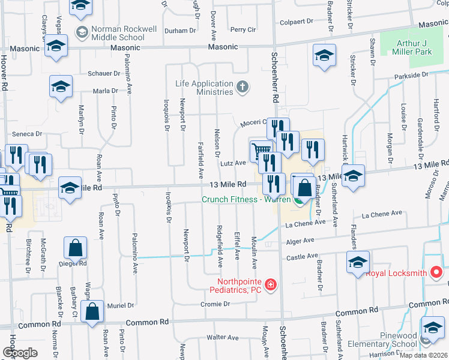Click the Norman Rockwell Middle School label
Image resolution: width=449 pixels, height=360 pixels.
[118, 32]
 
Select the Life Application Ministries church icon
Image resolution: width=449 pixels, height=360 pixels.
[243, 87]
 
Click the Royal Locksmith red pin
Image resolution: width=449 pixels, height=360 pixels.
[437, 272]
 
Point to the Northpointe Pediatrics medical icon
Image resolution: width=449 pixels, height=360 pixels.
[271, 284]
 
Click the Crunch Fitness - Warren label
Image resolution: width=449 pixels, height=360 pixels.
[246, 200]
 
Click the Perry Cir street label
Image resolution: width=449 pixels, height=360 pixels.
[243, 29]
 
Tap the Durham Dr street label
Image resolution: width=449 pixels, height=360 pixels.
[180, 31]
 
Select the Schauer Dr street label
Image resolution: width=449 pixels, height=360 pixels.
[104, 73]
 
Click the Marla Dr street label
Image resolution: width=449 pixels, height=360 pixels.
[106, 91]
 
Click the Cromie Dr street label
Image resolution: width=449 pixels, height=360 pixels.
[215, 304]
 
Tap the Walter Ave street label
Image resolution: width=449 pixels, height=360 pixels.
[223, 338]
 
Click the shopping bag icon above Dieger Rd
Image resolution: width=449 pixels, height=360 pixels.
[76, 247]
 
